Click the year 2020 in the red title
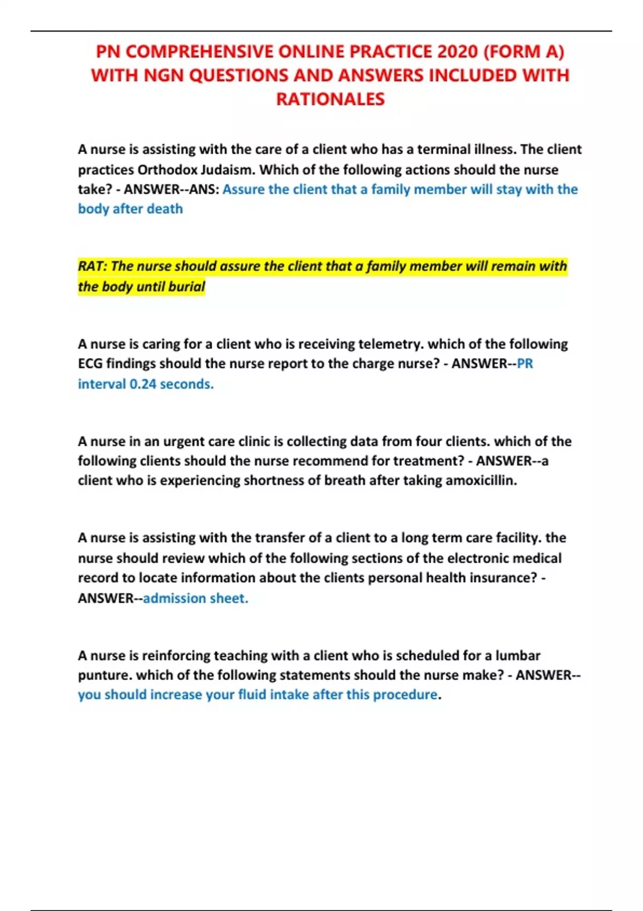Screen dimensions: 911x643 [x=457, y=51]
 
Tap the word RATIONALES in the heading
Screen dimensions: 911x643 [x=330, y=99]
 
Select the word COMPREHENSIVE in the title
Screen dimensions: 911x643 [x=203, y=51]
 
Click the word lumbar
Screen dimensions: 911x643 [x=518, y=655]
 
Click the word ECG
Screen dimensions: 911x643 [x=90, y=364]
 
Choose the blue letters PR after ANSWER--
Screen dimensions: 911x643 [x=525, y=364]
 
